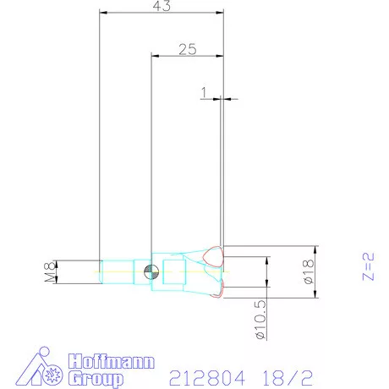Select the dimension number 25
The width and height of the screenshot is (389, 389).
pyautogui.click(x=188, y=50)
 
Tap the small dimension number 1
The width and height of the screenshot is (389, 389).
pyautogui.click(x=205, y=90)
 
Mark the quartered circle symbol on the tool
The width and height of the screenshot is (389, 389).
pyautogui.click(x=151, y=271)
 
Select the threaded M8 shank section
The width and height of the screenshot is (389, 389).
pyautogui.click(x=118, y=271)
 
